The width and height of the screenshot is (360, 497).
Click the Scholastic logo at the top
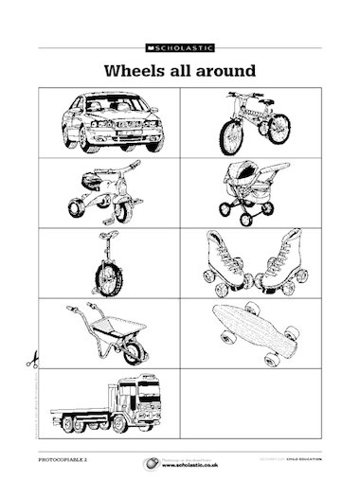point(179,44)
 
